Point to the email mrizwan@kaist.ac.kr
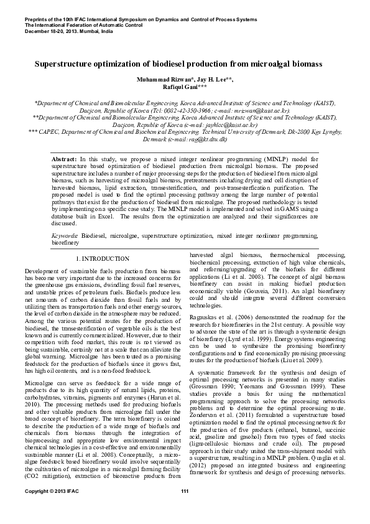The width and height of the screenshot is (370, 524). pos(261,110)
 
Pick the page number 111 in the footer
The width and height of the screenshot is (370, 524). pos(185,510)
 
